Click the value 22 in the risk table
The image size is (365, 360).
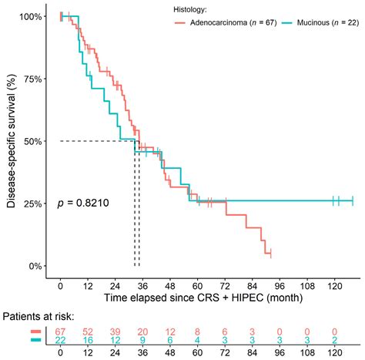pyautogui.click(x=61, y=341)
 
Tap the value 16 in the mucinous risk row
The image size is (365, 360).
pyautogui.click(x=89, y=341)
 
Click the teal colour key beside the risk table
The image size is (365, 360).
pyautogui.click(x=36, y=341)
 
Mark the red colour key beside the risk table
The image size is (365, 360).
pyautogui.click(x=36, y=331)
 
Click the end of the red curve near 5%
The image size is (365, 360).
pyautogui.click(x=270, y=254)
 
